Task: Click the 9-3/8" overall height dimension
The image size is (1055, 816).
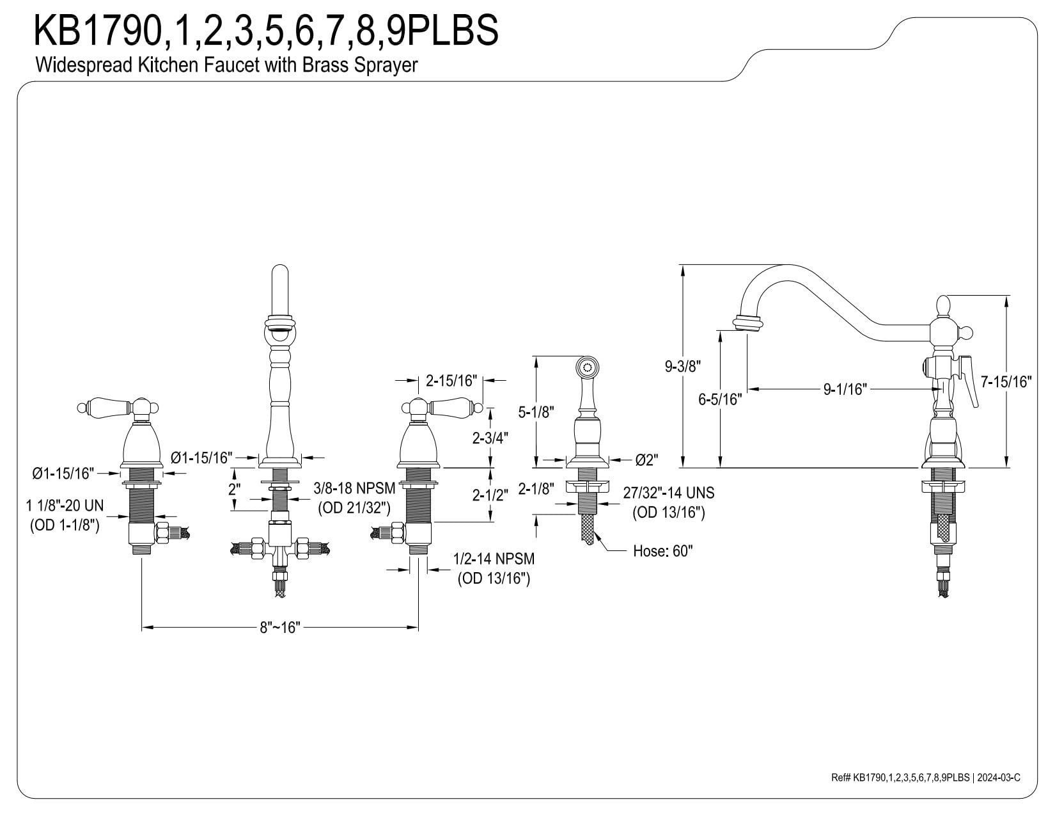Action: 683,366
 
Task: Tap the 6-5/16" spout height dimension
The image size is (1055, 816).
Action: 720,399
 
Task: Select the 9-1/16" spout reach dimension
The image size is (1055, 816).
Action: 845,389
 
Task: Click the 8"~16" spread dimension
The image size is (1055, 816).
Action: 280,627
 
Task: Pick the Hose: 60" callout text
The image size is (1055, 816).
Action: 662,550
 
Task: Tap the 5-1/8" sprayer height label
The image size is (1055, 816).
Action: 536,412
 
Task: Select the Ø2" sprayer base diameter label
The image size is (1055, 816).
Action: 646,460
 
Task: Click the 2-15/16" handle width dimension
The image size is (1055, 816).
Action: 451,381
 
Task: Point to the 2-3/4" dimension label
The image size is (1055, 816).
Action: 490,438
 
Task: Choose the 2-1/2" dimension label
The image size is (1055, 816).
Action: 490,495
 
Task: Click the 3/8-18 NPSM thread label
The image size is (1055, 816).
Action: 354,488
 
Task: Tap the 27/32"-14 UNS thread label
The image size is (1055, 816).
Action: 669,493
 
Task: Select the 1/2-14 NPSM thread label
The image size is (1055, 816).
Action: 494,559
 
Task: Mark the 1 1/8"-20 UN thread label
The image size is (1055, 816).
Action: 65,506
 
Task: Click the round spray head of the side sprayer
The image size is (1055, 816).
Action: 587,367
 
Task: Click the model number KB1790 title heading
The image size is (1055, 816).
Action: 265,30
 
